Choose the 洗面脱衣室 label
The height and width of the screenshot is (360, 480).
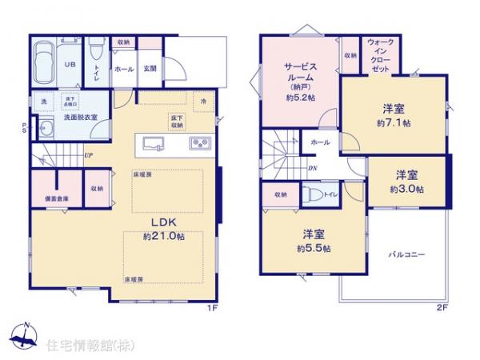click(80, 117)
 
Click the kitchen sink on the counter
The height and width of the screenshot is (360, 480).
click(155, 144)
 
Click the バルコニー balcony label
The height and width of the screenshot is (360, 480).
click(407, 254)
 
